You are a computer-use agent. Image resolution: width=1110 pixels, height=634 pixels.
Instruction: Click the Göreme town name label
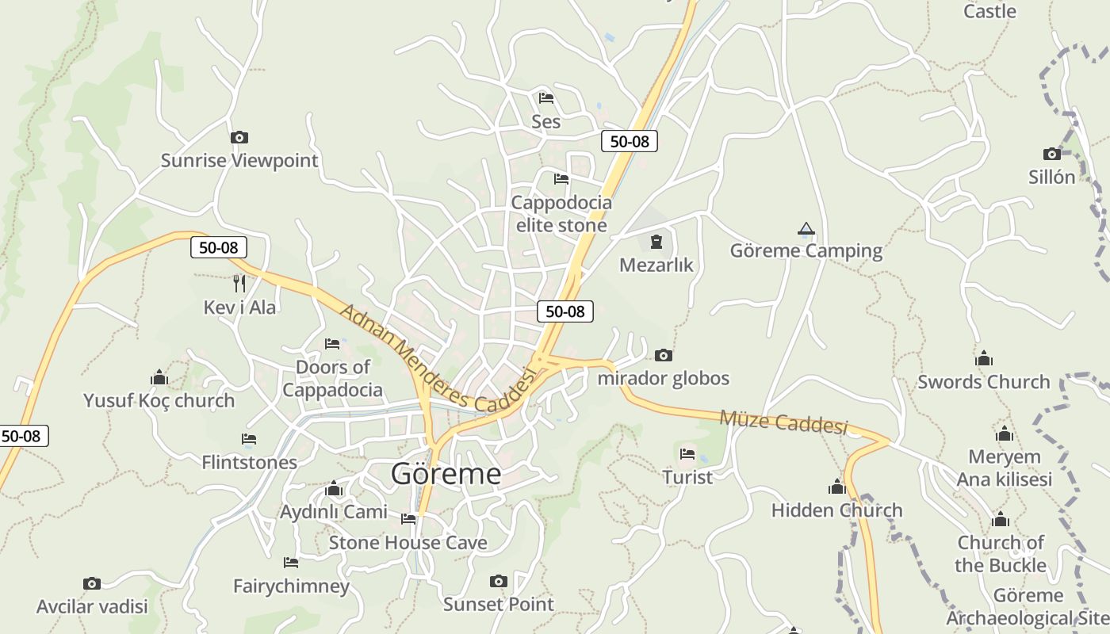point(446,474)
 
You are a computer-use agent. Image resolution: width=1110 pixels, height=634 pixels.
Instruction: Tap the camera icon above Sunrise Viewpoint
point(239,138)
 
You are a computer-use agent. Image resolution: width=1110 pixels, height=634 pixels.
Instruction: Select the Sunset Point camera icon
point(498,582)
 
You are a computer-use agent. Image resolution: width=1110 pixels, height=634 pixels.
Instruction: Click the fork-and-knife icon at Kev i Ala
point(239,283)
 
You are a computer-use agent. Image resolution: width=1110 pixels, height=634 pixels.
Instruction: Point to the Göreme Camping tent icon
point(806,229)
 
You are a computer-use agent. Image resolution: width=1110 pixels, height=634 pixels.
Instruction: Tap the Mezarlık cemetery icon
point(656,242)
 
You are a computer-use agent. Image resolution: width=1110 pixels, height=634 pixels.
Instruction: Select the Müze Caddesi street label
point(783,422)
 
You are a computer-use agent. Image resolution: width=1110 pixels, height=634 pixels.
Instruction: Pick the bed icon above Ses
point(545,98)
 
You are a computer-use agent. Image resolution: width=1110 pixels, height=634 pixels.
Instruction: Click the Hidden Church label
point(836,510)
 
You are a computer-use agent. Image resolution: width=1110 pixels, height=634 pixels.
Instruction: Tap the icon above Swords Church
point(984,359)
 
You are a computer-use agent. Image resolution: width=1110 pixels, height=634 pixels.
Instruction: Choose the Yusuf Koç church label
point(159,400)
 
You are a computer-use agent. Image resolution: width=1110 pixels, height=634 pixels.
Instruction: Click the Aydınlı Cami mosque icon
point(333,488)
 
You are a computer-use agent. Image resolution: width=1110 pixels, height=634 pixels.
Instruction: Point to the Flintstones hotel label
point(249,462)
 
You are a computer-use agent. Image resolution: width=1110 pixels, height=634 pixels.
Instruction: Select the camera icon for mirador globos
point(664,355)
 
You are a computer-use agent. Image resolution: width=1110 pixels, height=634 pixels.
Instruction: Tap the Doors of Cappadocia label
point(332,379)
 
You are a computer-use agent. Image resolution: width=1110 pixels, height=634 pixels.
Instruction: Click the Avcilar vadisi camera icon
point(92,584)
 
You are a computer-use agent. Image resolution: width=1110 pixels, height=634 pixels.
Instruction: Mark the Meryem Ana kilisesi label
point(1005,468)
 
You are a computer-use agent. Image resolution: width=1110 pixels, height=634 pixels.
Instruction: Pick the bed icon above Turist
point(687,454)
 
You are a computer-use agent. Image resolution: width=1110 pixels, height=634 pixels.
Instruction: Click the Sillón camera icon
point(1052,154)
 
